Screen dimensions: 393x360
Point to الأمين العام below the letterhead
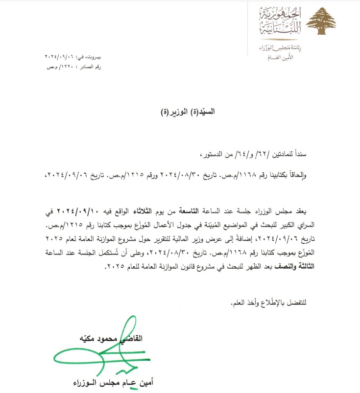[x=279, y=57]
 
